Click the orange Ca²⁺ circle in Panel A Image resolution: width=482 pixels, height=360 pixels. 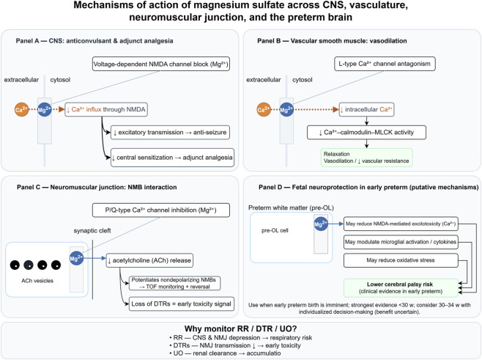(21, 109)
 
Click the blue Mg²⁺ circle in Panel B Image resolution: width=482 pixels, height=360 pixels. (286, 109)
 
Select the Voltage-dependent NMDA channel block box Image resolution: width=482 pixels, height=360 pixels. (160, 64)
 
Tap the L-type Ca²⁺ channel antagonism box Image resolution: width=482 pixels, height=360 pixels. (385, 64)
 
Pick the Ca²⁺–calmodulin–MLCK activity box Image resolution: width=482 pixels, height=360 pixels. (366, 132)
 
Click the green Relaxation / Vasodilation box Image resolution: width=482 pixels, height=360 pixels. (366, 158)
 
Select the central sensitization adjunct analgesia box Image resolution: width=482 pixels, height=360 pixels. (172, 158)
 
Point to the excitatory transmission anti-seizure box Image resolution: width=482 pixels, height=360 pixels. (170, 132)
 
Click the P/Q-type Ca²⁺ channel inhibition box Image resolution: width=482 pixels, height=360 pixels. (160, 210)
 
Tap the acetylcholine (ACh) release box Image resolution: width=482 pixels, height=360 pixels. (149, 260)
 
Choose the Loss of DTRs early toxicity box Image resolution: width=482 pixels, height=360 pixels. (182, 304)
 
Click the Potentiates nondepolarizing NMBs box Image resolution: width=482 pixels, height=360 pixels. (174, 283)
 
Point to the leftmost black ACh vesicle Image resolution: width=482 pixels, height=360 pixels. (15, 265)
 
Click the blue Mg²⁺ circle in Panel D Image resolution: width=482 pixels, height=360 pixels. (321, 224)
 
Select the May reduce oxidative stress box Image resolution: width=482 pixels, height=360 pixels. (401, 260)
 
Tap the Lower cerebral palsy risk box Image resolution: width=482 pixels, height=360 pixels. (401, 287)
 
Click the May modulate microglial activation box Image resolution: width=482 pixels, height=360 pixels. (401, 242)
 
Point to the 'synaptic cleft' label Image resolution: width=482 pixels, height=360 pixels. (92, 231)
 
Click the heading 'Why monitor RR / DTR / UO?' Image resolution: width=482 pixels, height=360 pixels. (241, 328)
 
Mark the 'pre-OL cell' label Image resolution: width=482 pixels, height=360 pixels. (275, 230)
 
